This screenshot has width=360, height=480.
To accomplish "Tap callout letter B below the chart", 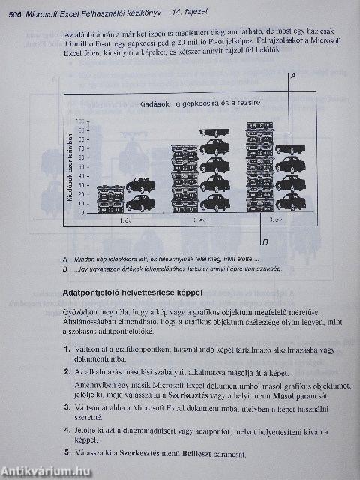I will pos(265,242).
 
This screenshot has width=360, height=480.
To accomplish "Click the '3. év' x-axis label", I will pos(274,220).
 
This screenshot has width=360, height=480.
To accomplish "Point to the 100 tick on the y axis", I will pos(82,123).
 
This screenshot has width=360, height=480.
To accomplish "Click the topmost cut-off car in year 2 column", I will pos(214,132).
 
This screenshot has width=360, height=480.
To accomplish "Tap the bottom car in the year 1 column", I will pos(140,203).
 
